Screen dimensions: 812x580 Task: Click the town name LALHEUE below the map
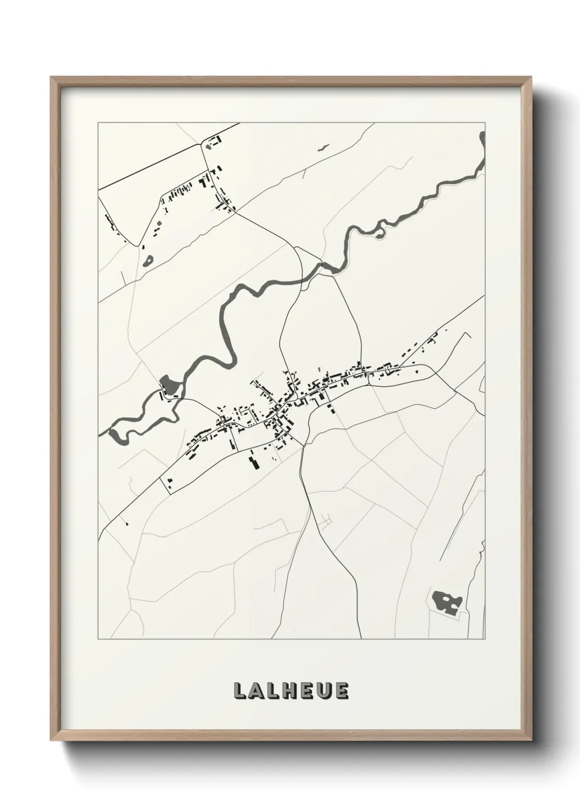[x=291, y=691]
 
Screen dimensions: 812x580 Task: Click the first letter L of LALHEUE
[x=240, y=691]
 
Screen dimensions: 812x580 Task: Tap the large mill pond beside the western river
[x=172, y=386]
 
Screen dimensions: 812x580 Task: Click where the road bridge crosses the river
[x=303, y=281]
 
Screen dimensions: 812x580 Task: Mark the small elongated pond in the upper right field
[x=323, y=147]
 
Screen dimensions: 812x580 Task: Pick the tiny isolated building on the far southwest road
[x=126, y=523]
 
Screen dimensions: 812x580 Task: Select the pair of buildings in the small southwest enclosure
[x=170, y=482]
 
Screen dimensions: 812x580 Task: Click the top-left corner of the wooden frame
[x=51, y=77]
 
